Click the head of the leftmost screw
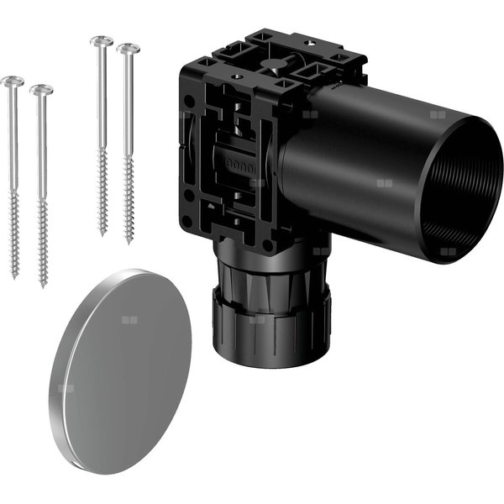click(13, 81)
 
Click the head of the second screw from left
click(40, 89)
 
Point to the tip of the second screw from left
click(43, 286)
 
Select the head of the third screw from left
click(102, 40)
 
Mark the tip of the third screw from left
click(103, 234)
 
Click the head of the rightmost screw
click(128, 49)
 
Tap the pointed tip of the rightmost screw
click(129, 243)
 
